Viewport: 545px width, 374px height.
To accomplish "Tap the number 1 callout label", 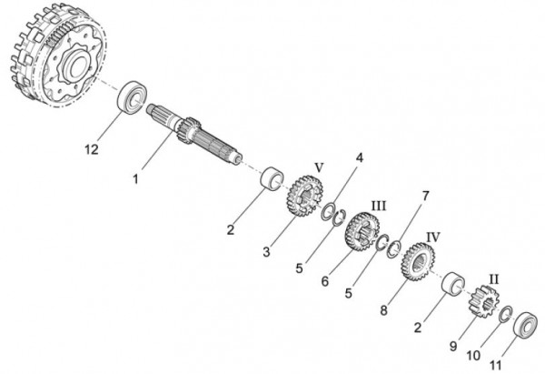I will pos(135,179).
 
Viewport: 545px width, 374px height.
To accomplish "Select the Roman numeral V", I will pos(318,167).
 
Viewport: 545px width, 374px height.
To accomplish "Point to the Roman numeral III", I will pos(379,206).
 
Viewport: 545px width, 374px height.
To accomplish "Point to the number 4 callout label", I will pos(361,157).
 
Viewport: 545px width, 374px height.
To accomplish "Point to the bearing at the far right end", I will pos(526,325).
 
